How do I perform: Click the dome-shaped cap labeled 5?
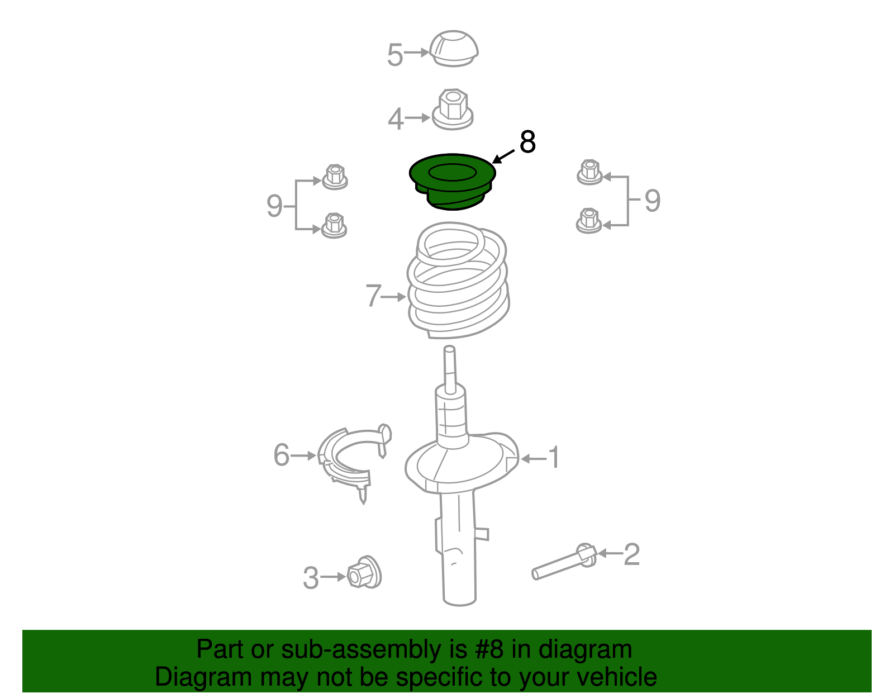(x=453, y=49)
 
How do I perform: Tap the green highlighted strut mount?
(x=453, y=182)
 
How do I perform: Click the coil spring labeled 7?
(x=458, y=279)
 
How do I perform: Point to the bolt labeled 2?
(x=564, y=562)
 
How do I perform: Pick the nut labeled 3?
(x=364, y=572)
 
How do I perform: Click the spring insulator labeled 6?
(x=354, y=460)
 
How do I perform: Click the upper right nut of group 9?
(x=589, y=172)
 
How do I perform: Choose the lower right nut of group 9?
(x=589, y=220)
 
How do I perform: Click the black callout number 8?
(x=528, y=141)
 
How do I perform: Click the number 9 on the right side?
(x=653, y=201)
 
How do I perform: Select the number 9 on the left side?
(x=274, y=206)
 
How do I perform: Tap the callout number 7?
(x=373, y=295)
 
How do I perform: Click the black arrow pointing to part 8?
(x=503, y=156)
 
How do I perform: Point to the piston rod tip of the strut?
(x=449, y=350)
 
